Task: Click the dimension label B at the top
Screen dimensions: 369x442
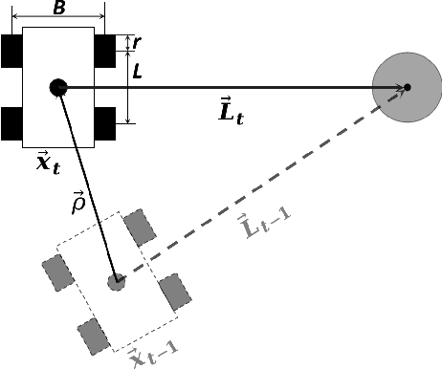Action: [x=59, y=10]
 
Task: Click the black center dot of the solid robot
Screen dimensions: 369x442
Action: [x=57, y=87]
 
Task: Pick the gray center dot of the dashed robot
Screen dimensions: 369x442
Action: [x=116, y=281]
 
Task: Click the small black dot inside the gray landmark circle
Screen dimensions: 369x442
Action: [x=407, y=88]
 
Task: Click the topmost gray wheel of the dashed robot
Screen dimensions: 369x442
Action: [x=141, y=227]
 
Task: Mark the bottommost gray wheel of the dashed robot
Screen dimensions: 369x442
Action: [x=94, y=336]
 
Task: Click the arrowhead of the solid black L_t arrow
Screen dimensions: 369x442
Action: [x=400, y=88]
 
